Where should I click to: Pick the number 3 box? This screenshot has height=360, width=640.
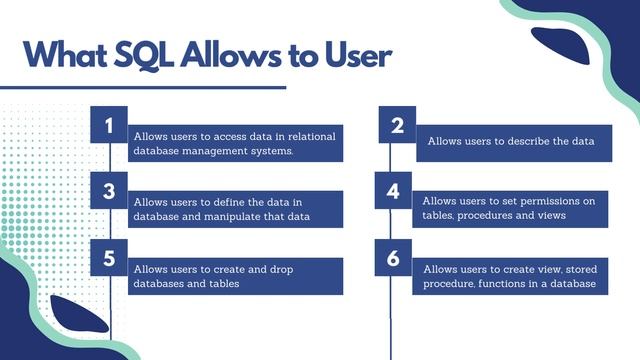click(109, 190)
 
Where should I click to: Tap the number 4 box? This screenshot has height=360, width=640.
click(394, 190)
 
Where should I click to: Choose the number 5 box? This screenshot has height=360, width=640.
click(109, 257)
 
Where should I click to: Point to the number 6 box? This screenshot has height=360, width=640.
click(394, 257)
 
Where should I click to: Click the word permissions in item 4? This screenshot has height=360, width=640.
click(546, 201)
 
